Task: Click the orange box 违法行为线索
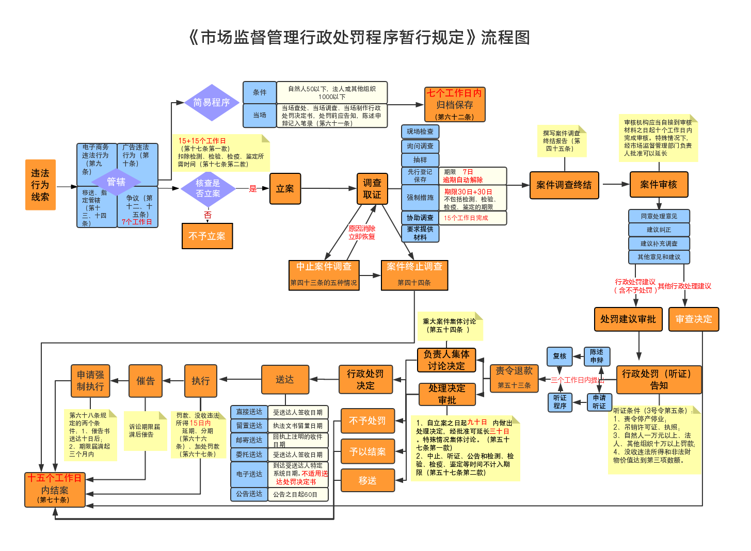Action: coord(40,185)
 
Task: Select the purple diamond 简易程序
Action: coord(212,103)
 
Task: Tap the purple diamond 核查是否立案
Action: coord(208,188)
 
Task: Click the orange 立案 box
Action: coord(285,189)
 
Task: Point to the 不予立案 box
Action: coord(207,236)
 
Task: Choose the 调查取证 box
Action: coord(372,189)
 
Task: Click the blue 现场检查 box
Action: coord(420,132)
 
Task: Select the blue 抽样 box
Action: coord(420,160)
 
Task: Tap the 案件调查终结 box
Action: coord(564,185)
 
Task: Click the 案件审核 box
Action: coord(659,185)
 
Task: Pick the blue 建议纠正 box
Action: coord(659,230)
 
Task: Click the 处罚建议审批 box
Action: coord(628,319)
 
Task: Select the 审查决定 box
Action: coord(693,319)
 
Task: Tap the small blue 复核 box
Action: coord(560,356)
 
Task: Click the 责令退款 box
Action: coord(514,378)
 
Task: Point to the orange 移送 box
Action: coord(367,481)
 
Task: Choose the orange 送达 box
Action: coord(285,380)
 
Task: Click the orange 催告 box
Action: coord(146,381)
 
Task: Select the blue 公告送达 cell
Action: coord(249,494)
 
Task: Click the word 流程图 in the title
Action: coord(505,38)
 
